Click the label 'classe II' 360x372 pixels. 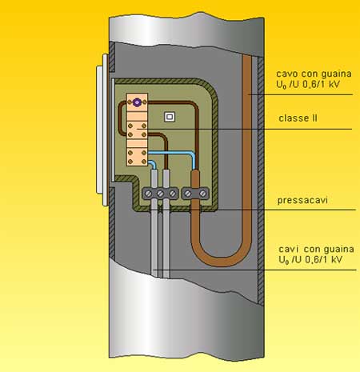298,118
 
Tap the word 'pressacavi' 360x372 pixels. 302,200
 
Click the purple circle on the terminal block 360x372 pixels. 137,102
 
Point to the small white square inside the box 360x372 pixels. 170,117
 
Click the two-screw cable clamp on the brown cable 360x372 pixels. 195,194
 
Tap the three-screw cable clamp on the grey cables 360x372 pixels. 160,194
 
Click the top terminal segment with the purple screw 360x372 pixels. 137,102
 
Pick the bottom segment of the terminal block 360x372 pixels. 137,157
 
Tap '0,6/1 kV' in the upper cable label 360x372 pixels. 322,85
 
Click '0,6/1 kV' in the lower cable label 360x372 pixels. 325,260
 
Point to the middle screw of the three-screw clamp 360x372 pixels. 160,194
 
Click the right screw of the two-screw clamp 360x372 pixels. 203,194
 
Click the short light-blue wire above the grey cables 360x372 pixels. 152,164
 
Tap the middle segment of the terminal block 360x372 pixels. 137,130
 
